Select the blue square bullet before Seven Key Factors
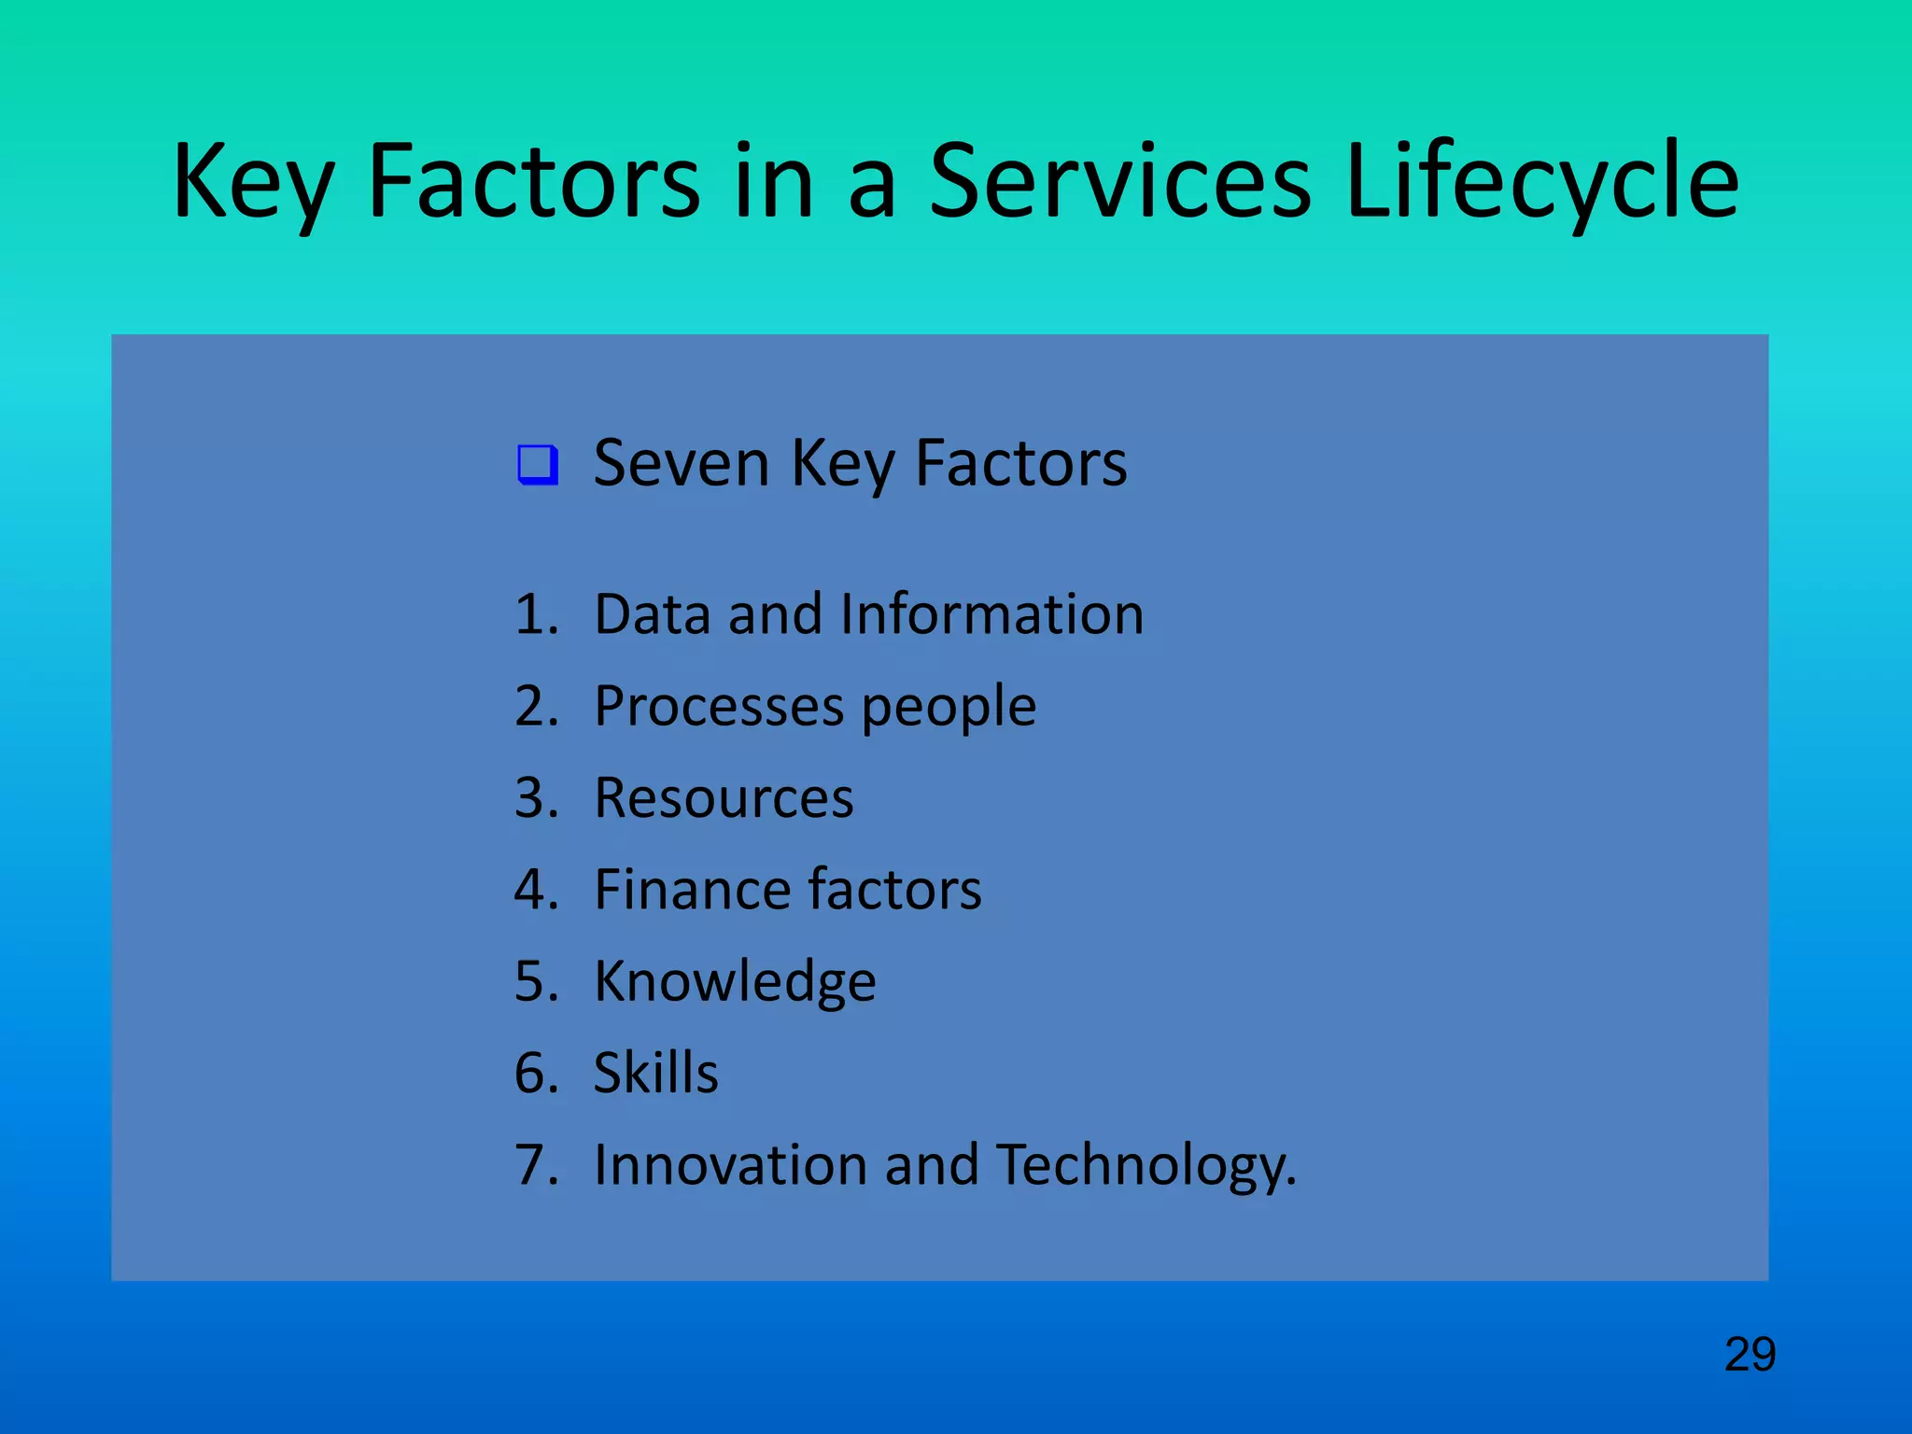coord(538,464)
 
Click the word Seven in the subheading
coord(681,463)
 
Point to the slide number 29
coord(1750,1354)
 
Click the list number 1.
coord(535,615)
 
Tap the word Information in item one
coord(991,614)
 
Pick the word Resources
coord(724,798)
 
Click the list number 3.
coord(535,798)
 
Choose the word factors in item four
coord(895,889)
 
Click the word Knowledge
coord(735,982)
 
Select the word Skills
coord(655,1073)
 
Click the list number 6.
coord(535,1073)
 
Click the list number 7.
coord(535,1165)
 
